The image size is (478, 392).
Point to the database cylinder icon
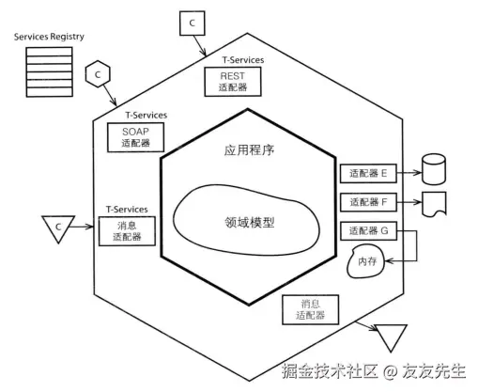tap(434, 169)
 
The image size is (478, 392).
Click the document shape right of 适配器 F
tap(434, 204)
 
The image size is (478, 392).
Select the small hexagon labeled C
tap(98, 74)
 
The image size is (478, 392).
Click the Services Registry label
tap(49, 37)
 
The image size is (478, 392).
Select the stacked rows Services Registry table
tap(50, 72)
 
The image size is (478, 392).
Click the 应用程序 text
tap(249, 150)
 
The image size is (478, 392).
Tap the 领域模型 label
tap(250, 223)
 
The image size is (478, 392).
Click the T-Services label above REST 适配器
tap(243, 60)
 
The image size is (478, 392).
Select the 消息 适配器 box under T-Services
tap(127, 231)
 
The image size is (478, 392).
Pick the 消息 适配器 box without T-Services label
tap(311, 309)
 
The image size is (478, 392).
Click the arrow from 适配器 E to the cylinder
tap(409, 173)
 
